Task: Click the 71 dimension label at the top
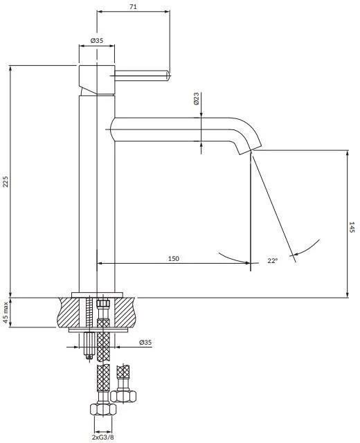point(133,6)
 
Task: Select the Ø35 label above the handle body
point(97,40)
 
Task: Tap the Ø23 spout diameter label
point(197,98)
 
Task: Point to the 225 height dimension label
point(6,181)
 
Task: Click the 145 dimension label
point(352,227)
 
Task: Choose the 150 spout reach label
point(174,258)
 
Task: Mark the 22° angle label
point(272,260)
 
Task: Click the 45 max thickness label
point(6,312)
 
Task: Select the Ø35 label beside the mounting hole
point(145,343)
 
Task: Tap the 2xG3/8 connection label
point(102,437)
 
